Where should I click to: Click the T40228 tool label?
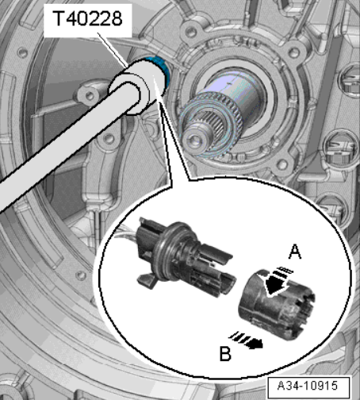point(87,18)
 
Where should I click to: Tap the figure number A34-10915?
point(307,386)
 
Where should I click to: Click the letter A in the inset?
point(295,252)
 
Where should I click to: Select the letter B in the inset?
point(225,353)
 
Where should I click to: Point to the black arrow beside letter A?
point(275,283)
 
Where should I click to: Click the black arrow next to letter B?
point(247,340)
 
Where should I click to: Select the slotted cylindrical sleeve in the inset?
point(276,304)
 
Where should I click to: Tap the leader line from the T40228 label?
point(112,49)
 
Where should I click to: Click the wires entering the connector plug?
point(129,233)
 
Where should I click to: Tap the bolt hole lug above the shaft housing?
point(191,31)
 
